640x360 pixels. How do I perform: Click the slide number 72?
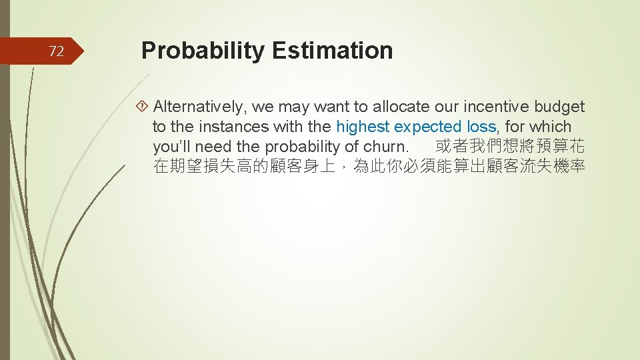coord(57,51)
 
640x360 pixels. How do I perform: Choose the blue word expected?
coord(428,127)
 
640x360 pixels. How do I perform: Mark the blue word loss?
coord(480,127)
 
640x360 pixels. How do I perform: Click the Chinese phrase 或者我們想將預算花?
coord(510,147)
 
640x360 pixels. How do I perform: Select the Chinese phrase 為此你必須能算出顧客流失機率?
coord(469,167)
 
